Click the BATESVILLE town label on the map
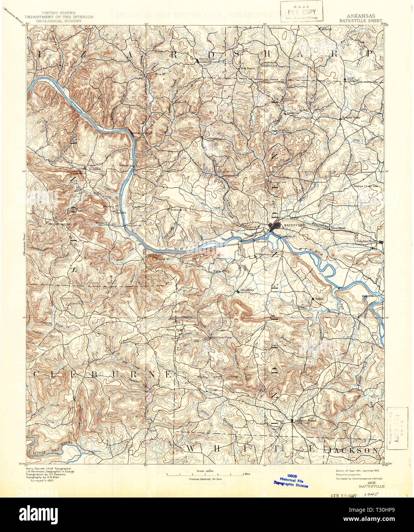294,225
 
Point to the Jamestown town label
247,290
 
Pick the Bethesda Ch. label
179,209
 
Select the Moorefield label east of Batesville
338,228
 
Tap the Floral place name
212,390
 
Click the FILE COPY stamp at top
302,11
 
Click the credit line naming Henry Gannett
50,468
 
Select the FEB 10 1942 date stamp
344,495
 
